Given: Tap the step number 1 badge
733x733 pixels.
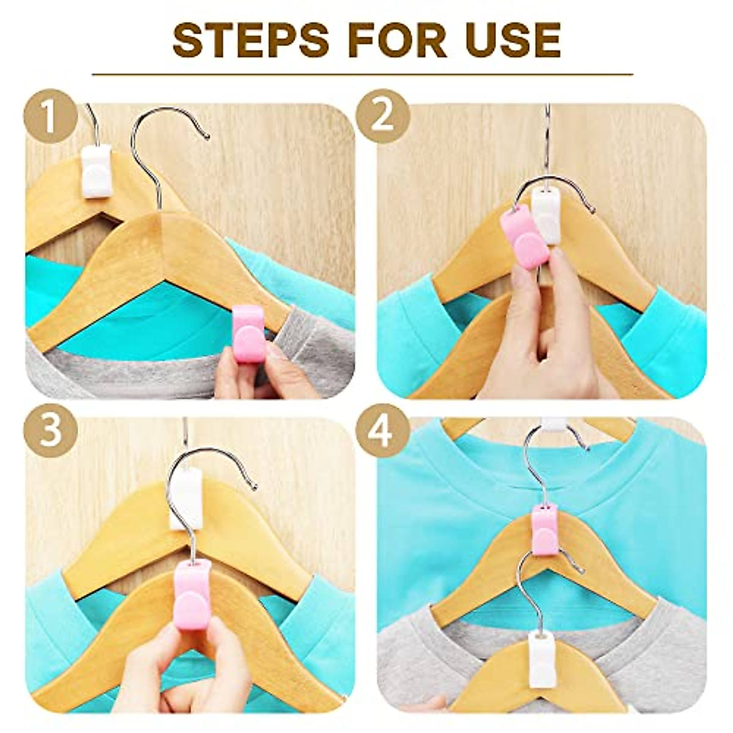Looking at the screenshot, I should tap(50, 117).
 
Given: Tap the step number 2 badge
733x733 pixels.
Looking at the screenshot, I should tap(382, 117).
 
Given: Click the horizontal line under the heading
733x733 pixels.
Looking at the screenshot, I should tap(362, 75).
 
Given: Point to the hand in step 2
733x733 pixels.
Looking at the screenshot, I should tap(550, 342).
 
